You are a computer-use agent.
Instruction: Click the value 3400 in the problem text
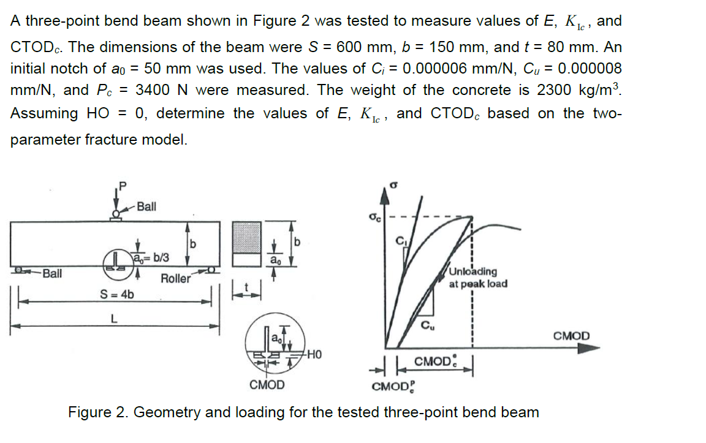pos(151,90)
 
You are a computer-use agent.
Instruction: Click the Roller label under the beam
pos(175,279)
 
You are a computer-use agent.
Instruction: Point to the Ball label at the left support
pos(52,273)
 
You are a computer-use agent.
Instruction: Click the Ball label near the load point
pos(146,206)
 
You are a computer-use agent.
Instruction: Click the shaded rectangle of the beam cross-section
pos(248,235)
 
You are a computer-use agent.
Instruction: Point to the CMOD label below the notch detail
pos(267,385)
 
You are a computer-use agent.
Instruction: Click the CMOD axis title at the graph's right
pos(571,336)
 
